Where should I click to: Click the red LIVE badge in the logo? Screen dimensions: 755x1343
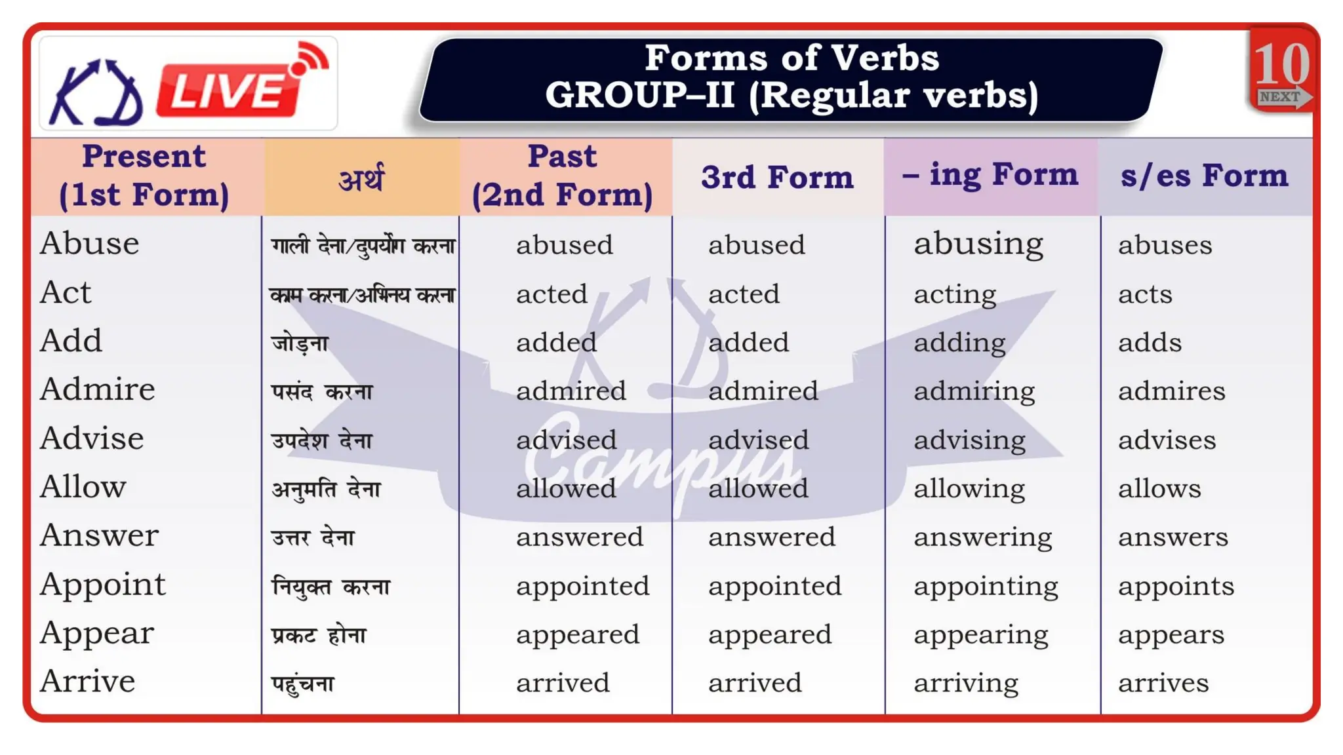(x=226, y=90)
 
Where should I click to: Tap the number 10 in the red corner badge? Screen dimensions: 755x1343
(x=1281, y=64)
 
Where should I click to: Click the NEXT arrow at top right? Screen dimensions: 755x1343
(x=1284, y=97)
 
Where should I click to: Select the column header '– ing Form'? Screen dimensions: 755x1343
(x=990, y=176)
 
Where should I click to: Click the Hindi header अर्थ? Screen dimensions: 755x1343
(x=361, y=178)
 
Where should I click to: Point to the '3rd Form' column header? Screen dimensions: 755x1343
(x=777, y=177)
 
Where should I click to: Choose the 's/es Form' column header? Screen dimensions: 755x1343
(x=1204, y=176)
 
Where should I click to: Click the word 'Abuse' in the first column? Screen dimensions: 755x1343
(x=90, y=244)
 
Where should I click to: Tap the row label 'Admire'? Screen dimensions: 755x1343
(x=98, y=389)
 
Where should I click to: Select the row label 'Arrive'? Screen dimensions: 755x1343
(x=88, y=682)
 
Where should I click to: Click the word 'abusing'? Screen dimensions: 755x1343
(x=978, y=244)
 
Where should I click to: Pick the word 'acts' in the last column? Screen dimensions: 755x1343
(x=1145, y=294)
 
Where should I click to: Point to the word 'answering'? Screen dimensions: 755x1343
(x=982, y=537)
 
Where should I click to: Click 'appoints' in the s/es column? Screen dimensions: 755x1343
(x=1176, y=586)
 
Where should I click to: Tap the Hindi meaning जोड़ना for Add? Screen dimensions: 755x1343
(x=300, y=343)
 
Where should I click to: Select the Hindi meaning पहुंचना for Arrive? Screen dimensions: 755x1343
(x=303, y=684)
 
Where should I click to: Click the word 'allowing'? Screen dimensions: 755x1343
(x=969, y=489)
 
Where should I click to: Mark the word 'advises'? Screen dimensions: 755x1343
(x=1167, y=440)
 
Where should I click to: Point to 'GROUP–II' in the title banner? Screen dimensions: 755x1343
(x=639, y=95)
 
